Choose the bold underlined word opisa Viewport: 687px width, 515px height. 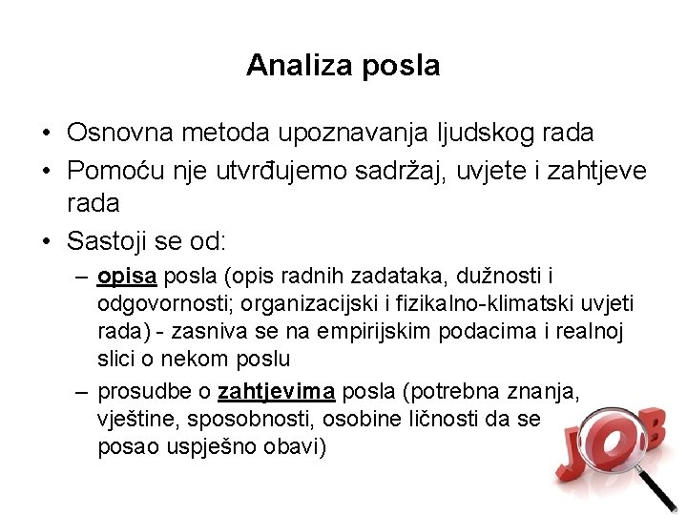(128, 277)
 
